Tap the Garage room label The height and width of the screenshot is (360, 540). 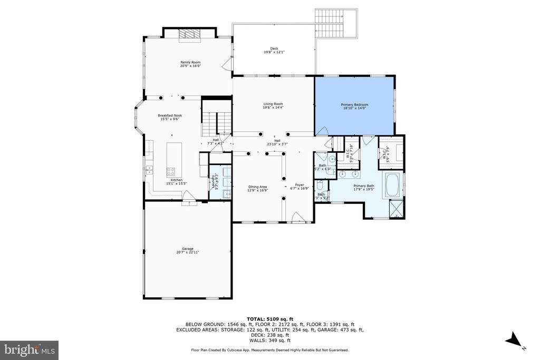coord(188,250)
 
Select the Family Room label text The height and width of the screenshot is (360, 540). coord(190,64)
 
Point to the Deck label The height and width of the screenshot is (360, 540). coord(274,51)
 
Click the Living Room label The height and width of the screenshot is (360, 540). coord(273,105)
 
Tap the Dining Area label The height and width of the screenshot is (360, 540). coord(258,188)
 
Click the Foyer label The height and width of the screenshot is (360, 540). coord(300,187)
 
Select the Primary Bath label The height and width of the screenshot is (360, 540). coord(363,188)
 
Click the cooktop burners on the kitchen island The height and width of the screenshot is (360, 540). coord(171,171)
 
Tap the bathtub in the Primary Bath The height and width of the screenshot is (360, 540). coord(392,185)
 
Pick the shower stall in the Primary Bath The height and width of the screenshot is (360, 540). coord(396,208)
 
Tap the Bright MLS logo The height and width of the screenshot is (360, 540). coord(29,350)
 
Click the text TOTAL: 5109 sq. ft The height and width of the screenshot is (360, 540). coord(269,318)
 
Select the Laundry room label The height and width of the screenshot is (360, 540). coord(214,182)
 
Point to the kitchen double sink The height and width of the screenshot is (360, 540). coord(149,169)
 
